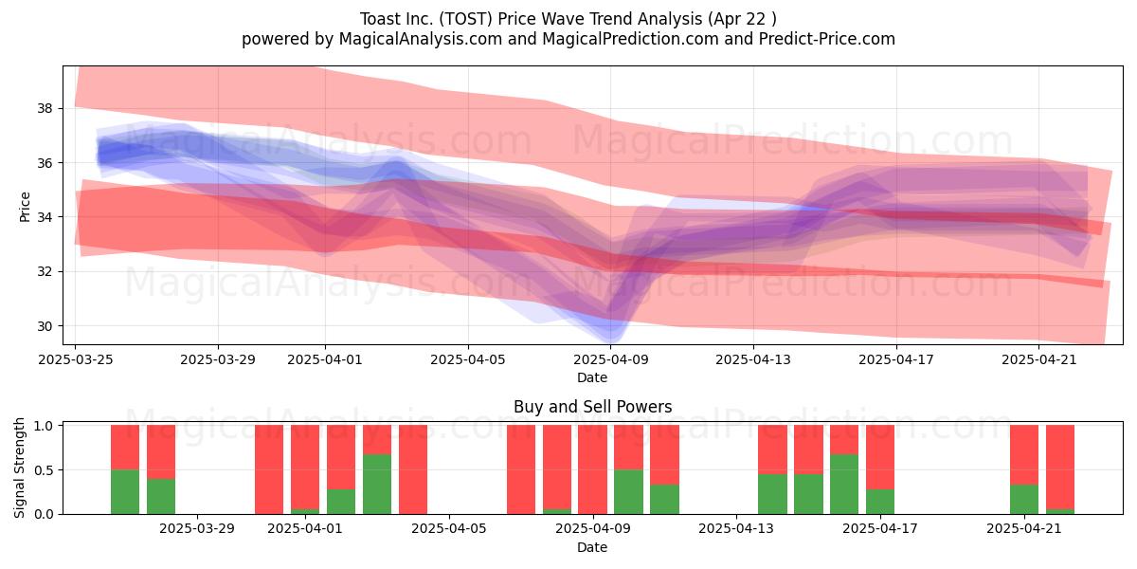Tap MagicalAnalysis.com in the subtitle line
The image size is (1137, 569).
click(421, 39)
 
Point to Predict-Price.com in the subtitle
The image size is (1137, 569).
click(827, 39)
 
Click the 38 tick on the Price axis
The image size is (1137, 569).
click(45, 108)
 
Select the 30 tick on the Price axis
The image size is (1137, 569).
click(45, 325)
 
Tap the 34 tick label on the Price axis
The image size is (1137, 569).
click(45, 217)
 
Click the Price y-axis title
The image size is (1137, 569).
click(25, 207)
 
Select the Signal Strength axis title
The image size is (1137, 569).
click(19, 468)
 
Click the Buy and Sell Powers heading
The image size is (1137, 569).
click(592, 407)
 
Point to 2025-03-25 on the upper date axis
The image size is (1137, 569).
click(76, 359)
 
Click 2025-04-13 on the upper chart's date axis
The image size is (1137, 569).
click(753, 359)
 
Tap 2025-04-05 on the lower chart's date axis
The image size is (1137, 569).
click(449, 529)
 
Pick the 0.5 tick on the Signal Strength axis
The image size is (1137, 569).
click(44, 470)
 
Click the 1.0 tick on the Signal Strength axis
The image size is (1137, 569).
click(44, 426)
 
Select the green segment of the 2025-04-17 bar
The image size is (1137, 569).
click(880, 502)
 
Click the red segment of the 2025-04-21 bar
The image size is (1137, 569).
click(1024, 455)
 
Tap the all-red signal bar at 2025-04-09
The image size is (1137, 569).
click(592, 469)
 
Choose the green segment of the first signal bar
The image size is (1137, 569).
click(125, 492)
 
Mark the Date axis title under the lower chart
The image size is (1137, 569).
click(592, 547)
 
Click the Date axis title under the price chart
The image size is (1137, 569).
click(592, 377)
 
